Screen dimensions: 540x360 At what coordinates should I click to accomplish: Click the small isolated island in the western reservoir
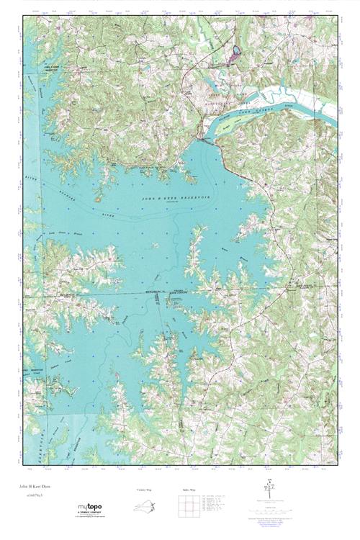point(96,195)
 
